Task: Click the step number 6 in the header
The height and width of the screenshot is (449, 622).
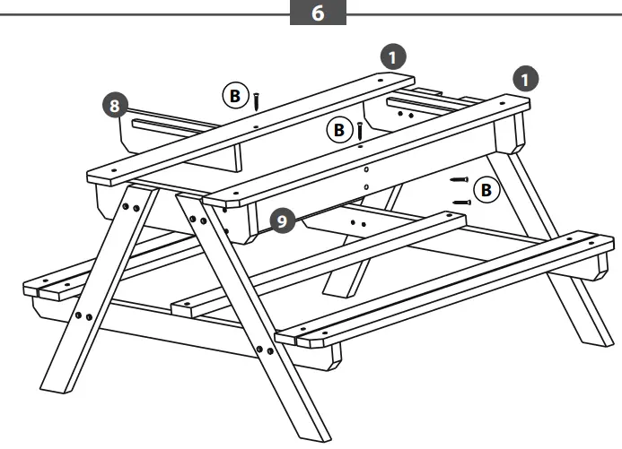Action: pos(319,15)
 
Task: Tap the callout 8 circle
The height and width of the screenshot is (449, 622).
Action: pos(113,105)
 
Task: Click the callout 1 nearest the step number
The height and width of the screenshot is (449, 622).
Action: pos(391,56)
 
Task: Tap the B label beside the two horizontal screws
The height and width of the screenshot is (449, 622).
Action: pos(486,190)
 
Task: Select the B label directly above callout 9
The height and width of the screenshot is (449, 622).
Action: pos(338,131)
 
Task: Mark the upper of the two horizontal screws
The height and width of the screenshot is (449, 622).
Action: pos(460,180)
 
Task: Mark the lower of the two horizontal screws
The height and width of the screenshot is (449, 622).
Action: pos(461,203)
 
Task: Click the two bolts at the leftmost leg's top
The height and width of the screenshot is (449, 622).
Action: pos(129,206)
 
